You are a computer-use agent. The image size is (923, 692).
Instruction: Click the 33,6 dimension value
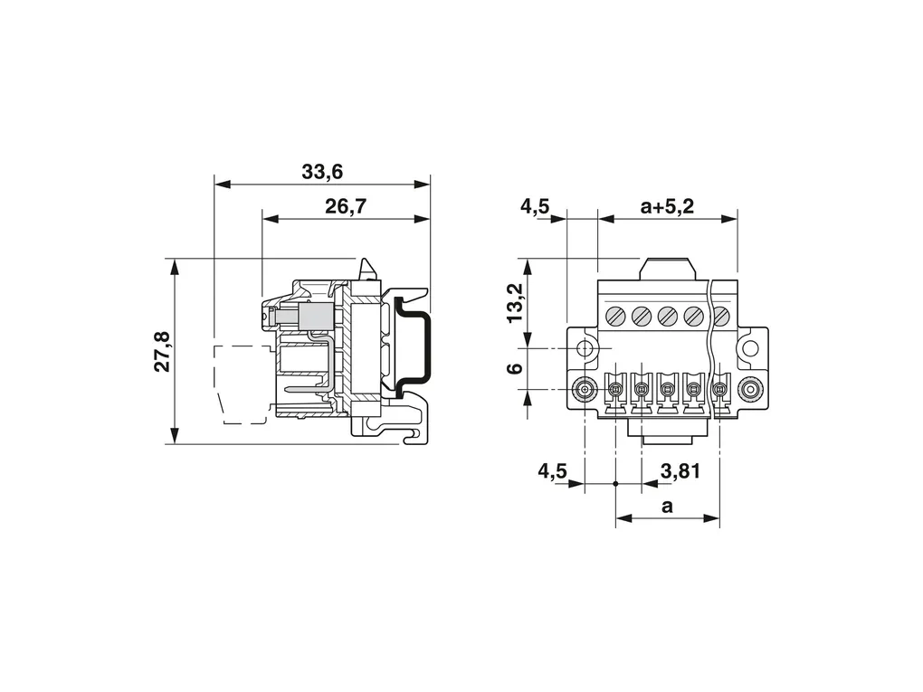coord(321,170)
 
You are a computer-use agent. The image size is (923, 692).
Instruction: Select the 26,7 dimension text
coord(345,206)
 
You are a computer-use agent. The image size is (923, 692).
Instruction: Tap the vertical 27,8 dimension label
coord(163,352)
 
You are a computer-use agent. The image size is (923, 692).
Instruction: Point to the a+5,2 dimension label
coord(667,206)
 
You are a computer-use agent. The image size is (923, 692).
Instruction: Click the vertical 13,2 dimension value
coord(514,302)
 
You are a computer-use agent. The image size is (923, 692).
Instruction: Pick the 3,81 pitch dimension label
coord(680,470)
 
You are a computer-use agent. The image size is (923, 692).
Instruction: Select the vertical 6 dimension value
coord(513,368)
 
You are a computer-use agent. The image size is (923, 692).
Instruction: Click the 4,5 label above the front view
coord(535,206)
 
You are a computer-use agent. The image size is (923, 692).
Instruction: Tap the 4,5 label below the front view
coord(552,470)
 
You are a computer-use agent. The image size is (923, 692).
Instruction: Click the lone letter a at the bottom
coord(667,507)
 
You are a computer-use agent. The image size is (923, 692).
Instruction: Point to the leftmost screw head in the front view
coord(615,316)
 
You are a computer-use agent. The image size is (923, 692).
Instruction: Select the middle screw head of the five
coord(668,316)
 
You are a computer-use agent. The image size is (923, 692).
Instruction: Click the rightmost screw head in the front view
coord(721,316)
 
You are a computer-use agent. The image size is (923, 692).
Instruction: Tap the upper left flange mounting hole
coord(585,348)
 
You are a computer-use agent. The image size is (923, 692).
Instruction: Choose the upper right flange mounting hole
coord(749,348)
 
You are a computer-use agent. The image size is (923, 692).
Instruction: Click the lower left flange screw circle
coord(585,390)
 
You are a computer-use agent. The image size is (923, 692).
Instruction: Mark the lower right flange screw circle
coord(749,390)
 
